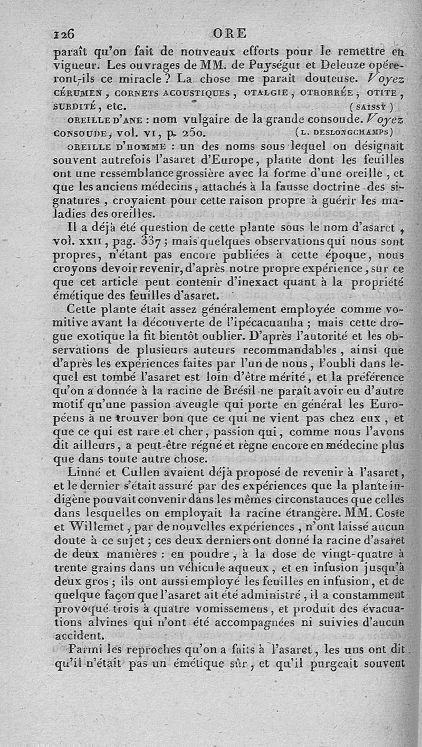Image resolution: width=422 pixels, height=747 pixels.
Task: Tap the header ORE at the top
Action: (229, 33)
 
